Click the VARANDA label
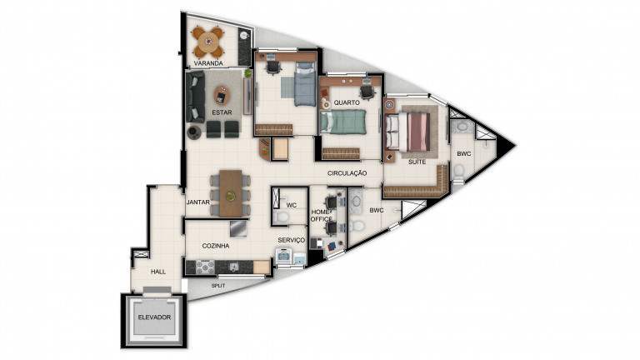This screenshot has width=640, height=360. [207, 63]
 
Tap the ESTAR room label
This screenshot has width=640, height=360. [221, 112]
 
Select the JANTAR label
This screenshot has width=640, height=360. [197, 202]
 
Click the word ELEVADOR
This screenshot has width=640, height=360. [154, 317]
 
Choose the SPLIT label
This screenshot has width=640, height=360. [218, 286]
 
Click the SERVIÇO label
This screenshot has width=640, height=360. [292, 240]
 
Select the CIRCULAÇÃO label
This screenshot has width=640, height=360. [347, 172]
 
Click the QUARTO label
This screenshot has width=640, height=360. [346, 102]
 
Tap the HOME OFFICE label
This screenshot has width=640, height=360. [321, 216]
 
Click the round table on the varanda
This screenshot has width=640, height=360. [207, 38]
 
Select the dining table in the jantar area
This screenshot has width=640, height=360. [230, 192]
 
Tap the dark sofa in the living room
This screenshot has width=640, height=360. [196, 97]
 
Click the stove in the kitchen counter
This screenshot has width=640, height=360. [204, 267]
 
